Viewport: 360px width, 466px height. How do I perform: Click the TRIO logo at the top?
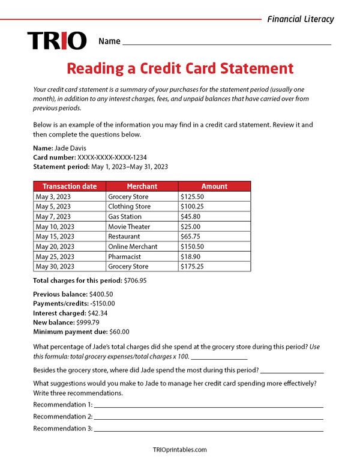pyautogui.click(x=57, y=41)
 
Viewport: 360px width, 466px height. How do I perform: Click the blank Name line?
pyautogui.click(x=226, y=43)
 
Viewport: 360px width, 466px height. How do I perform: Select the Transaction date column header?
pyautogui.click(x=70, y=186)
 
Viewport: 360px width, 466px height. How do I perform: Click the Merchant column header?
pyautogui.click(x=142, y=186)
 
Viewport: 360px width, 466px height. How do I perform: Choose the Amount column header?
pyautogui.click(x=214, y=186)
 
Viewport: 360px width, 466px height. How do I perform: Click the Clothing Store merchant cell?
pyautogui.click(x=129, y=207)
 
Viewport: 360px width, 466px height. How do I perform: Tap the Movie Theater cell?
pyautogui.click(x=129, y=226)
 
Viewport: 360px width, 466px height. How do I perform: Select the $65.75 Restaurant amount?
pyautogui.click(x=190, y=237)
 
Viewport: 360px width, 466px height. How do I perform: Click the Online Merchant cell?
pyautogui.click(x=133, y=246)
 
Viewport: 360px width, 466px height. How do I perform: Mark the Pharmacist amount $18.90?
pyautogui.click(x=190, y=256)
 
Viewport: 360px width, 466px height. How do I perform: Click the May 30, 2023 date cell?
pyautogui.click(x=55, y=267)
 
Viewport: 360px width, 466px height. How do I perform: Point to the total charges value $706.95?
pyautogui.click(x=134, y=280)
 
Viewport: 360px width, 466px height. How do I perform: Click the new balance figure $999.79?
pyautogui.click(x=89, y=322)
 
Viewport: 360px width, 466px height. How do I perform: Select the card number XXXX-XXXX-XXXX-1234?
pyautogui.click(x=112, y=157)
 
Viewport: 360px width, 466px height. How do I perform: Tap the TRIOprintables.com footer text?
pyautogui.click(x=180, y=450)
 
